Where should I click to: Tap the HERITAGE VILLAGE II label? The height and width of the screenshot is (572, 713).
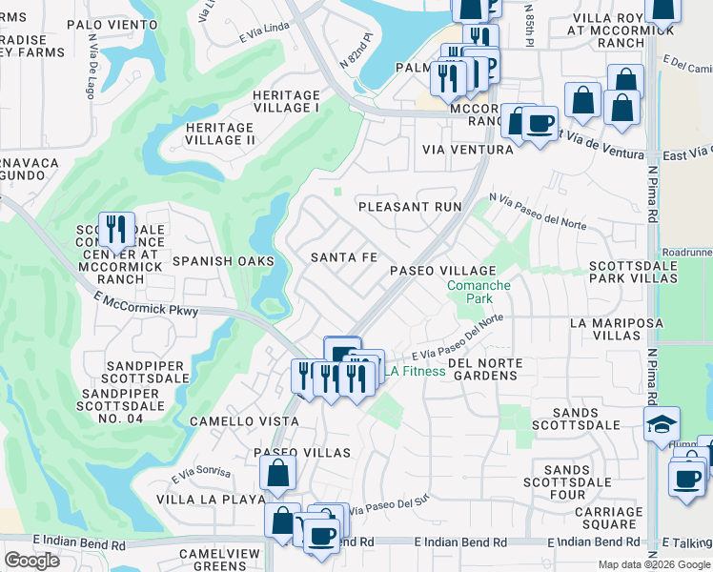click(x=219, y=133)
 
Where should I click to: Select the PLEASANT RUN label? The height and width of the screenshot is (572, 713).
click(x=409, y=206)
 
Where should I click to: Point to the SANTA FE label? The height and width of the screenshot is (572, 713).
click(x=344, y=257)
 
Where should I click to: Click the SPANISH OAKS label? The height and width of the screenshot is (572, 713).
click(x=223, y=260)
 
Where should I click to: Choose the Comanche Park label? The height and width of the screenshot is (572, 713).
click(x=479, y=292)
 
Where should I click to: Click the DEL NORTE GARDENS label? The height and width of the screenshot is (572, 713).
click(x=482, y=369)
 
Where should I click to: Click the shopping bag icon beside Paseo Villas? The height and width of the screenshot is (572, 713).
click(x=277, y=472)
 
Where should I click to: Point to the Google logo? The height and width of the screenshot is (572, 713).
click(x=31, y=561)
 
